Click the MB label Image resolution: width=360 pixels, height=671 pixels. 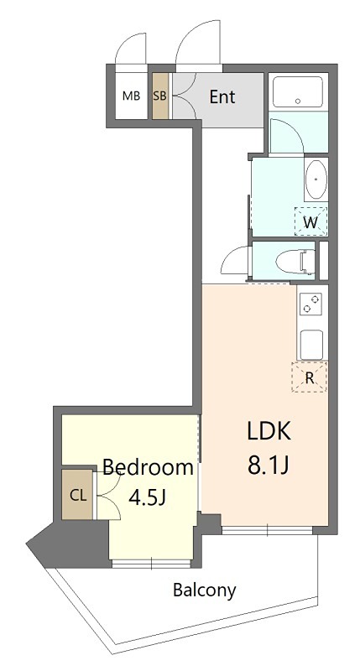click(131, 96)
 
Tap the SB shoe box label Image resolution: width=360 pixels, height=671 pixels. click(159, 96)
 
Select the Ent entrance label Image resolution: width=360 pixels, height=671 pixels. click(222, 97)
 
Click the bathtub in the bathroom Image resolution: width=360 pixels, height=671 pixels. click(298, 91)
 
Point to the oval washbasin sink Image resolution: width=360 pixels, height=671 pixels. click(316, 179)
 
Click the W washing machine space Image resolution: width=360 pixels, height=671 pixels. click(310, 221)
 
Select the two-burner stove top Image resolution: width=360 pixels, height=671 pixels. click(311, 304)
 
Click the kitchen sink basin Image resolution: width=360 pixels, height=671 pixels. click(311, 344)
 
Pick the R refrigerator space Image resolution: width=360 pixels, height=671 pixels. click(309, 377)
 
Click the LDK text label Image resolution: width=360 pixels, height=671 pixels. click(269, 431)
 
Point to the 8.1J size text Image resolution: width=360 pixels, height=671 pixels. click(269, 466)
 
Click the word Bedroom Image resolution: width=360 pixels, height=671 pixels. click(148, 467)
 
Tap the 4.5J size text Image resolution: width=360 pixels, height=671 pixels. click(148, 497)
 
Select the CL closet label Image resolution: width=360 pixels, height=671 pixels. click(78, 496)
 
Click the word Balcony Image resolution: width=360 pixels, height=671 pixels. click(204, 590)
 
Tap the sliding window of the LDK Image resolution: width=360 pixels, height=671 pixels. click(267, 531)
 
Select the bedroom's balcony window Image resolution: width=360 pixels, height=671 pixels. click(151, 564)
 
